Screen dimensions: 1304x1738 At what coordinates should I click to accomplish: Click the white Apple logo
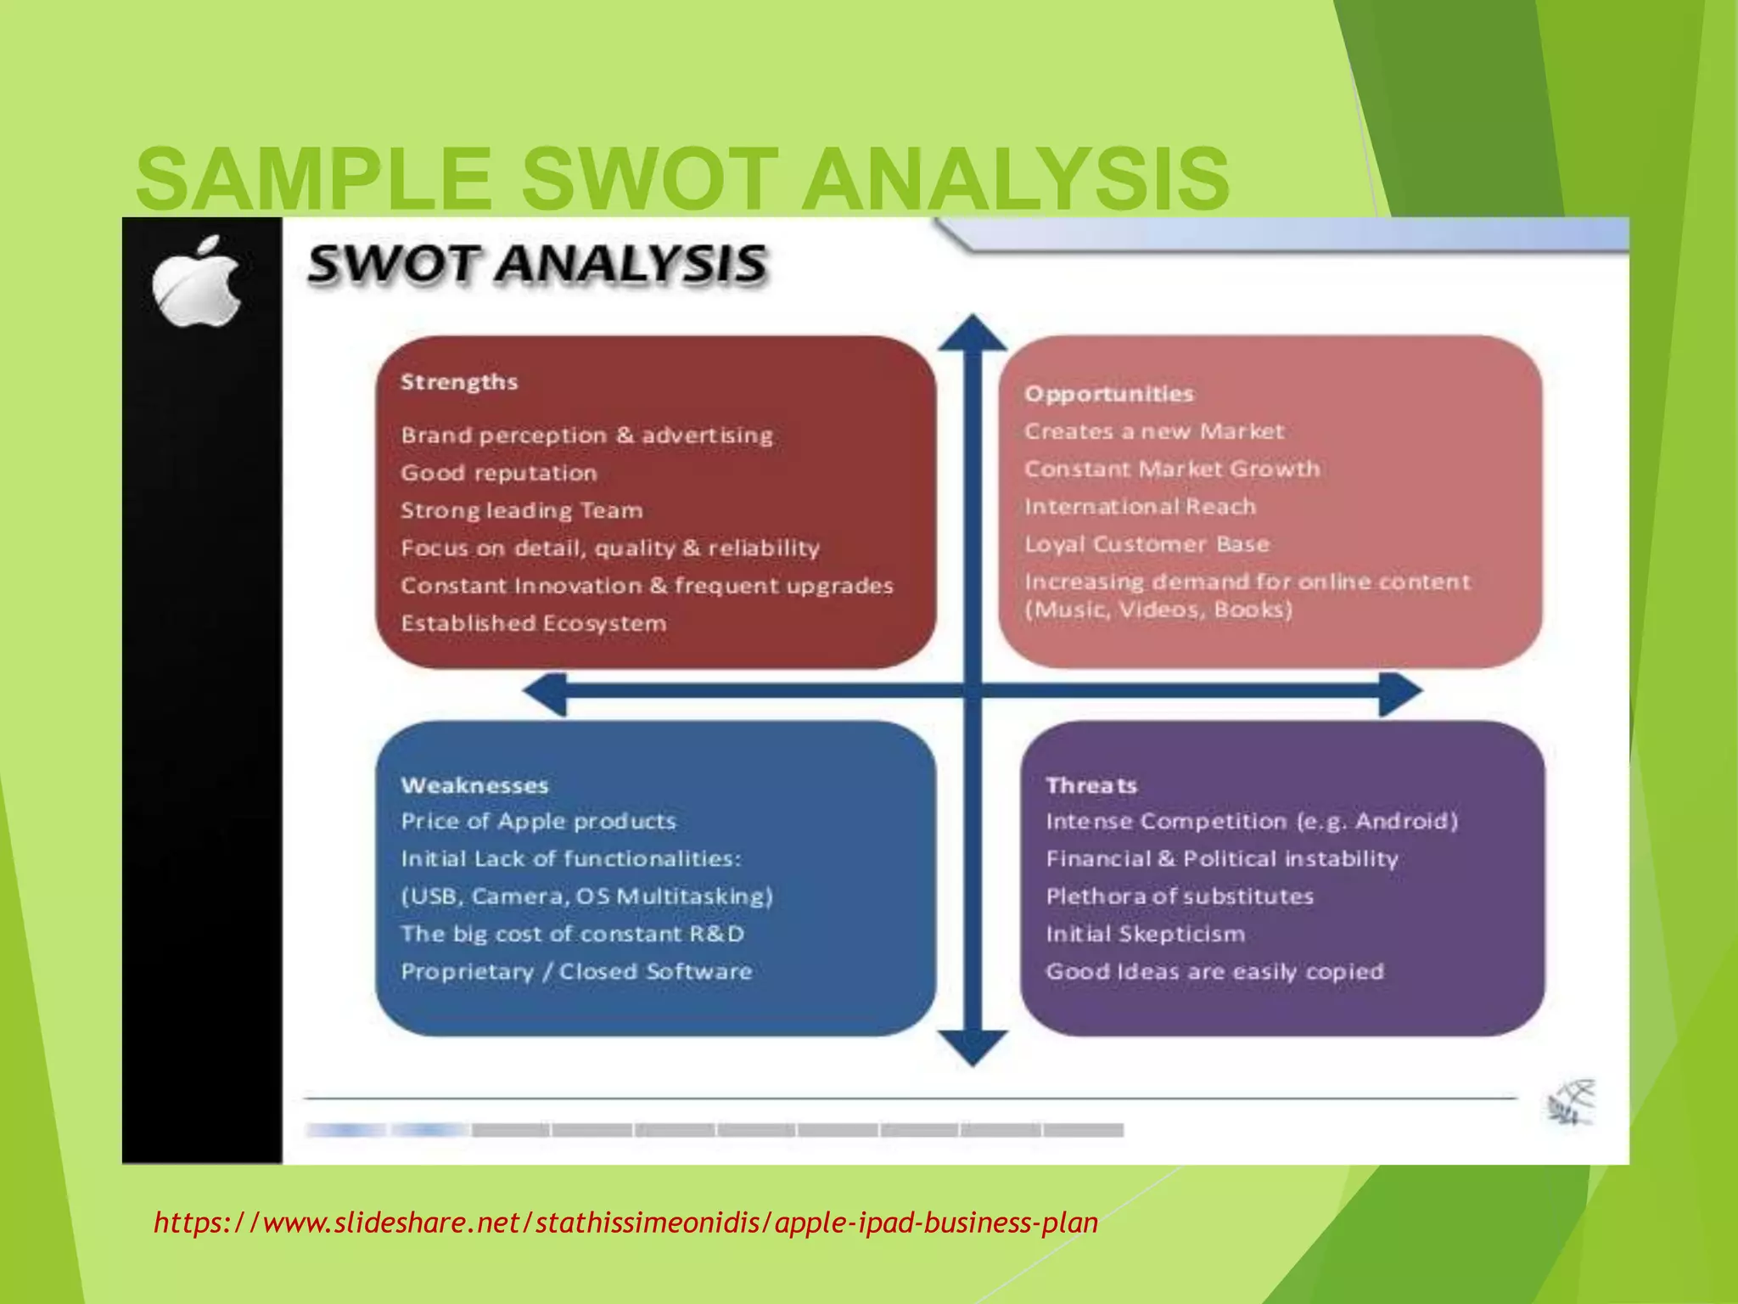coord(197,282)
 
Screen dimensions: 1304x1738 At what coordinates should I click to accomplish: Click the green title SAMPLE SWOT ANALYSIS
coord(682,179)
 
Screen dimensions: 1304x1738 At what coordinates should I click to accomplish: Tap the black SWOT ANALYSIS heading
coord(537,263)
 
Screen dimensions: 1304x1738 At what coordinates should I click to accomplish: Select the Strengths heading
coord(459,382)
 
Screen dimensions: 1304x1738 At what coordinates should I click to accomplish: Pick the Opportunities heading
coord(1108,394)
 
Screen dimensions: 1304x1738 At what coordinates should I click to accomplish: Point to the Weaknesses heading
coord(474,785)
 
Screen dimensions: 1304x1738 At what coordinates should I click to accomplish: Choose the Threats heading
coord(1091,785)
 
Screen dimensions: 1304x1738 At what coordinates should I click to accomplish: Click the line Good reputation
coord(499,473)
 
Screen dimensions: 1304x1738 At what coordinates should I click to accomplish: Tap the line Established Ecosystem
coord(534,623)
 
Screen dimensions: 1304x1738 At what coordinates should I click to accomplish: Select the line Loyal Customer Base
coord(1147,544)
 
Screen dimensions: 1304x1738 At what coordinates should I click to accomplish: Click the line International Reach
coord(1140,507)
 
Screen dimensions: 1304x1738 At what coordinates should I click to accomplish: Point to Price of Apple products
coord(539,822)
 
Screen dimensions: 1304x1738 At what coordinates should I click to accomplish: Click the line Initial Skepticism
coord(1146,934)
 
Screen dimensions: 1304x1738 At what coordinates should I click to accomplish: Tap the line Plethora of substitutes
coord(1180,896)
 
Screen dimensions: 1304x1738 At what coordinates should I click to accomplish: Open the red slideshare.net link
coord(626,1222)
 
